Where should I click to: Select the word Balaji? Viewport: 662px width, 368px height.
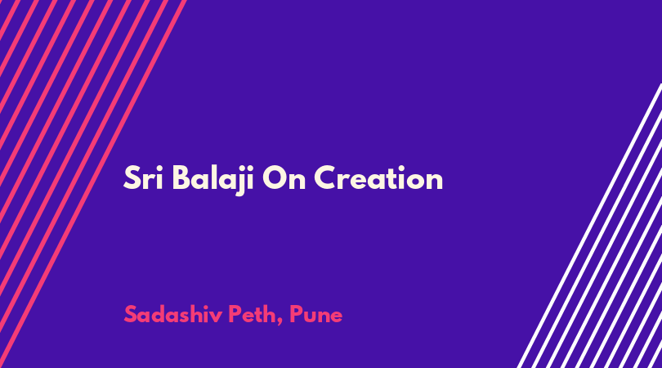tap(213, 180)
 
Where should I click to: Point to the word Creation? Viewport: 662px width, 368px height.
tap(378, 178)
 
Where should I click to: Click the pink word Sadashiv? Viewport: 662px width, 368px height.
tap(173, 314)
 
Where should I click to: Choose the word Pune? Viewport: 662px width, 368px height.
tap(315, 314)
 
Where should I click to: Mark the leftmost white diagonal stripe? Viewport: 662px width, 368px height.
tap(589, 226)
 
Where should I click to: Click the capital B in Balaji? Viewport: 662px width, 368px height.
tap(181, 178)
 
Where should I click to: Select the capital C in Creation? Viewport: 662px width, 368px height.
tap(325, 178)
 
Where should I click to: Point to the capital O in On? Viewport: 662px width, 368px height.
tap(275, 178)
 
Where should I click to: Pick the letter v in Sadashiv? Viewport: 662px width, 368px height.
tap(217, 316)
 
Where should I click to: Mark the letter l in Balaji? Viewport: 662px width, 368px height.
tap(215, 177)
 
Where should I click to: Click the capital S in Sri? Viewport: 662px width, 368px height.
tap(132, 178)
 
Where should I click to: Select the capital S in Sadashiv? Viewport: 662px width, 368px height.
tap(132, 314)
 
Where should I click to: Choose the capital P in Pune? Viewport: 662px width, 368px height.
tap(296, 314)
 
